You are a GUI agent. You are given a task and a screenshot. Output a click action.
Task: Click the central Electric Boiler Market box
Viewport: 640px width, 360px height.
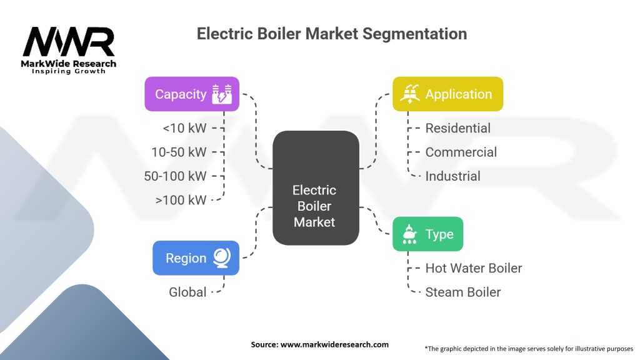316,187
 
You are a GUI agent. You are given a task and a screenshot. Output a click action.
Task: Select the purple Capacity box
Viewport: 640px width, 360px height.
192,94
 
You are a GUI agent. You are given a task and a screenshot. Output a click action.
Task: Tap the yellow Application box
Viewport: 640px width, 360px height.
447,94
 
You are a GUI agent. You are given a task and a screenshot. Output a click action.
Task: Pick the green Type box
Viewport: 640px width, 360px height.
427,234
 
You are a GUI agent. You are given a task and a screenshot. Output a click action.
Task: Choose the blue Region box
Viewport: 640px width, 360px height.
196,257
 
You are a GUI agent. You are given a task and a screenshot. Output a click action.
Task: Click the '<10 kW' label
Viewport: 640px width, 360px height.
184,128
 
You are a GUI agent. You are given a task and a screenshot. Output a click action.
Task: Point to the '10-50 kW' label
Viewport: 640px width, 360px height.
179,152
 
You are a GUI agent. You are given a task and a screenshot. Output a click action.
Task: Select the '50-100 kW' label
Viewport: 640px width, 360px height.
175,176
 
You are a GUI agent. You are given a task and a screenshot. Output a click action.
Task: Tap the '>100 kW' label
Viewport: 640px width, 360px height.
181,199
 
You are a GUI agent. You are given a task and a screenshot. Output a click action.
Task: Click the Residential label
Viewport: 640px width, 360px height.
457,128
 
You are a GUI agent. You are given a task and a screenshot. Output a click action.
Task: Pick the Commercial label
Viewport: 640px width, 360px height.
461,152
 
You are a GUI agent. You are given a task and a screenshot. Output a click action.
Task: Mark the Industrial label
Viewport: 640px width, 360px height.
452,176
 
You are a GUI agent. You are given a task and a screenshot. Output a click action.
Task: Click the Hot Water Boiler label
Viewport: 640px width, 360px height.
473,268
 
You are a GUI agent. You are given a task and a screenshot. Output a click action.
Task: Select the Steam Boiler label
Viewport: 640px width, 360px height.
462,292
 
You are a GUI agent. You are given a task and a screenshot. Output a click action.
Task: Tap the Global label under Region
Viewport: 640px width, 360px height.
187,292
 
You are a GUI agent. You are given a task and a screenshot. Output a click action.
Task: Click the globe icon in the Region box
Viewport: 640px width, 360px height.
222,257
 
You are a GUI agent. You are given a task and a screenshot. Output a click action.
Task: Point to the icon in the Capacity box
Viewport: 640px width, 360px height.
222,94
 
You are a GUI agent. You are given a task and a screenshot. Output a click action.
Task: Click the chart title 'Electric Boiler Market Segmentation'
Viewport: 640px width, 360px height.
331,34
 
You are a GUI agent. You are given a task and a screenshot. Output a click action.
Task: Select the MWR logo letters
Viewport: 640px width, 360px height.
69,42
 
